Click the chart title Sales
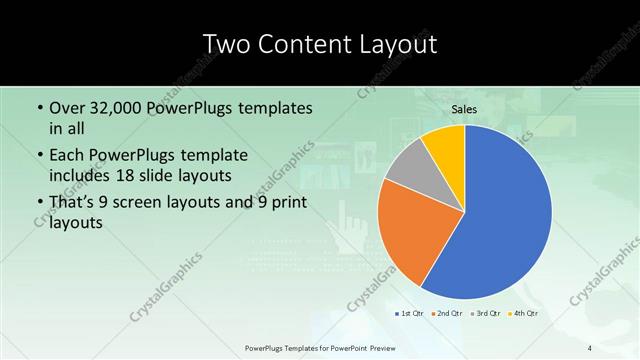click(x=464, y=108)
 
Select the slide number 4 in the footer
click(x=590, y=347)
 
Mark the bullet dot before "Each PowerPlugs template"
click(x=39, y=155)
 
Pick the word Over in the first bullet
click(x=67, y=108)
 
